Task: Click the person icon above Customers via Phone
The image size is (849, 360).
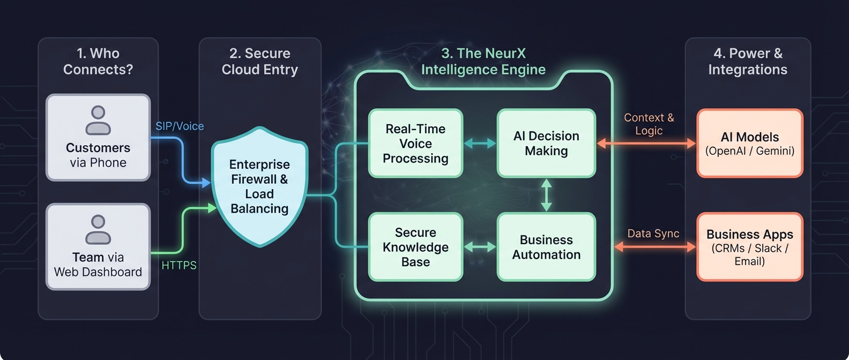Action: pyautogui.click(x=98, y=121)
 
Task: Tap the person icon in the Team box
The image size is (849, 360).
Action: pyautogui.click(x=98, y=230)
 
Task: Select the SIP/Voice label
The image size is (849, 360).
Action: pyautogui.click(x=180, y=126)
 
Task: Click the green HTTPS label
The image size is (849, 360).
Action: pyautogui.click(x=179, y=265)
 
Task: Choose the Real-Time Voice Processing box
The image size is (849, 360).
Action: pyautogui.click(x=415, y=144)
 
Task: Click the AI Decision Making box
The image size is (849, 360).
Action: pyautogui.click(x=546, y=144)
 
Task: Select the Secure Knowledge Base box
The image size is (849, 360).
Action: pyautogui.click(x=415, y=247)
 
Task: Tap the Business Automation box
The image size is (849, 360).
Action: pyautogui.click(x=546, y=247)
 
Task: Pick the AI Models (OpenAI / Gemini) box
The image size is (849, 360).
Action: pyautogui.click(x=749, y=144)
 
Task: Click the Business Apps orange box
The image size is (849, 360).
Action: pyautogui.click(x=749, y=247)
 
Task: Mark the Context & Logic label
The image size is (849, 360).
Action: pyautogui.click(x=649, y=124)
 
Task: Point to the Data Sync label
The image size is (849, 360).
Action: pyautogui.click(x=653, y=234)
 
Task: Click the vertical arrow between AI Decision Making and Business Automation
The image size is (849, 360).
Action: pyautogui.click(x=546, y=195)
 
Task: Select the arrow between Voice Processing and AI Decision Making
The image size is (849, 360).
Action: pyautogui.click(x=480, y=144)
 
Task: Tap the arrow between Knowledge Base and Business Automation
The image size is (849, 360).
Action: pyautogui.click(x=480, y=247)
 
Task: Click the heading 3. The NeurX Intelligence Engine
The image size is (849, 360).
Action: pyautogui.click(x=483, y=62)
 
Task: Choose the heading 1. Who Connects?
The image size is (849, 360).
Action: pyautogui.click(x=98, y=62)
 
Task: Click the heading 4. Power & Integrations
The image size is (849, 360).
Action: pyautogui.click(x=748, y=62)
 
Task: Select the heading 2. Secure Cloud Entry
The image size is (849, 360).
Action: pyautogui.click(x=259, y=62)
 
